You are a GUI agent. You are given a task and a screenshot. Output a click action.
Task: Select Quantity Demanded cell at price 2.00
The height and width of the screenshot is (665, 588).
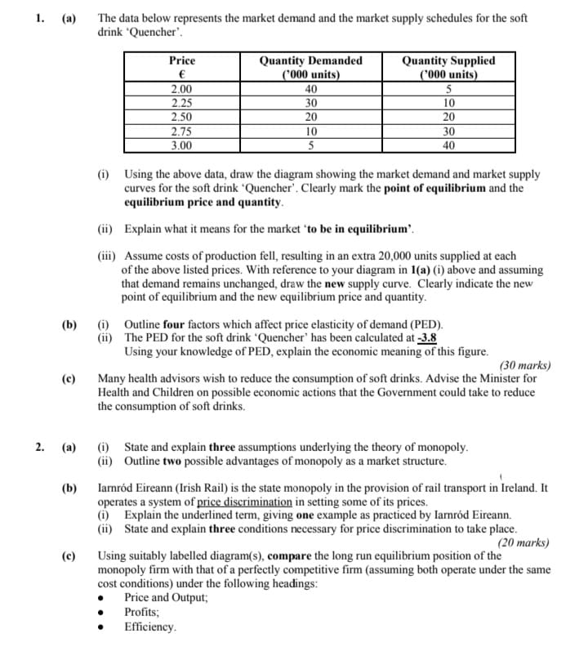click(x=310, y=89)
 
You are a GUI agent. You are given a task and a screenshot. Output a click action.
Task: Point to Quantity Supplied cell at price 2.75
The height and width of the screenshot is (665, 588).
click(x=448, y=132)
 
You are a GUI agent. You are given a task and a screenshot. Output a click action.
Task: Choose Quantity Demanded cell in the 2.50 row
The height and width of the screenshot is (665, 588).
click(x=310, y=117)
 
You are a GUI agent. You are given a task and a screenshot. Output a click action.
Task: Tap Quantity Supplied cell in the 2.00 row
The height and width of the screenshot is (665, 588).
click(x=448, y=89)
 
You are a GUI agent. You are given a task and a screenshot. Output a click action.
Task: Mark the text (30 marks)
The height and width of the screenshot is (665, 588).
click(x=523, y=365)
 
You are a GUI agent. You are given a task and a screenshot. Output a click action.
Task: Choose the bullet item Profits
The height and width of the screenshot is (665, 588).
click(x=142, y=612)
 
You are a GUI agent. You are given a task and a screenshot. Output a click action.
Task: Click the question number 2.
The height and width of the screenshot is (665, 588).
click(x=40, y=447)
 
